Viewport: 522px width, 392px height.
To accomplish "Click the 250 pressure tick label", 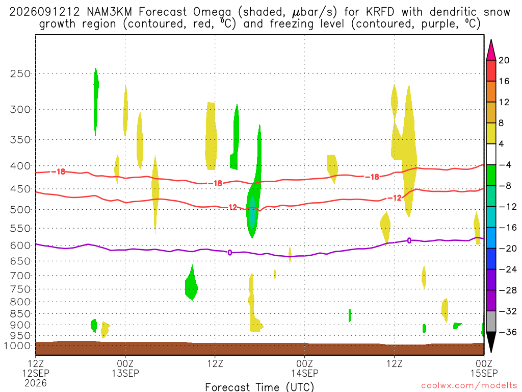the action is (20, 73).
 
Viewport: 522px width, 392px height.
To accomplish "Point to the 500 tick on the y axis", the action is (20, 210).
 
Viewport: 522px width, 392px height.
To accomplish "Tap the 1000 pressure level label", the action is (17, 346).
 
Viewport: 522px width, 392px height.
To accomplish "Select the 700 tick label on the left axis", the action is (20, 276).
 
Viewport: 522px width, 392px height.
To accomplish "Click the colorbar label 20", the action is (504, 60).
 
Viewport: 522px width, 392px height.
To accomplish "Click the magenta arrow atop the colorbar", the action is (491, 50).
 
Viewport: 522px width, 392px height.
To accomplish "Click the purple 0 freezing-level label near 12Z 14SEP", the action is (409, 240).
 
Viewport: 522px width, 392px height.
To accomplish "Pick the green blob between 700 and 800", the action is (191, 283).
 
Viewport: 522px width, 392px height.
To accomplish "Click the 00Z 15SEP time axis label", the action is (484, 368).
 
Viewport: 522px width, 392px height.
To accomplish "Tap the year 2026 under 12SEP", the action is (36, 383).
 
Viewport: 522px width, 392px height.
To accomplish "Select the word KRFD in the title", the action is (380, 12).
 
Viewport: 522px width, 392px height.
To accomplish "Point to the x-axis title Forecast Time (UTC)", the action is (259, 387).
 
